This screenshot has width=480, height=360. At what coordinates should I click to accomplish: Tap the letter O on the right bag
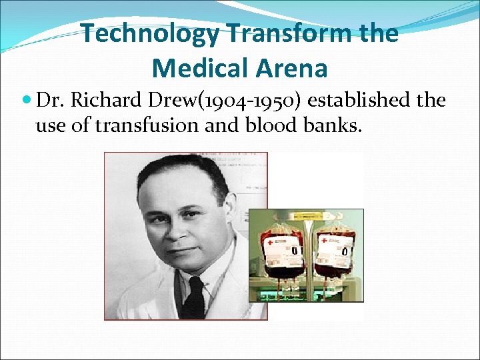coord(344,251)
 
